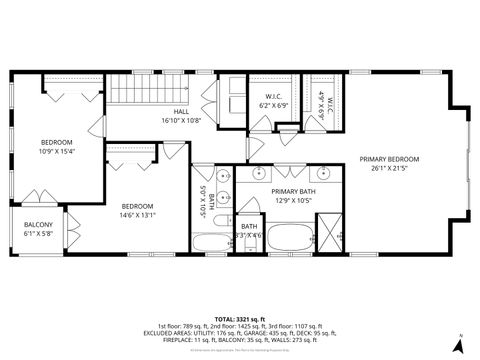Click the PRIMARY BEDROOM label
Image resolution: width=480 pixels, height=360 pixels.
point(389,159)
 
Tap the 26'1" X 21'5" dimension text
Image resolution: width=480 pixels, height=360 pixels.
point(389,169)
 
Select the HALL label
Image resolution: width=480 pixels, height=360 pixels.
point(181,111)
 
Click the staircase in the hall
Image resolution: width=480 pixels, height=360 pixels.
point(135,92)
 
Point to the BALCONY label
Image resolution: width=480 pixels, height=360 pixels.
point(38,225)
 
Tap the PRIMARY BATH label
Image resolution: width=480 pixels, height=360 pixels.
point(292,190)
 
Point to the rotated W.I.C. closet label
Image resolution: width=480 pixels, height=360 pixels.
point(320,105)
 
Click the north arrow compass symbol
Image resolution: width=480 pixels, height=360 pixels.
point(458,343)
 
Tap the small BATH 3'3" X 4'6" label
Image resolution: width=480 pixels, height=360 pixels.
point(249,230)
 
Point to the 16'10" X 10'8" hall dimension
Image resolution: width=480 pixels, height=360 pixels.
point(181,120)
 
